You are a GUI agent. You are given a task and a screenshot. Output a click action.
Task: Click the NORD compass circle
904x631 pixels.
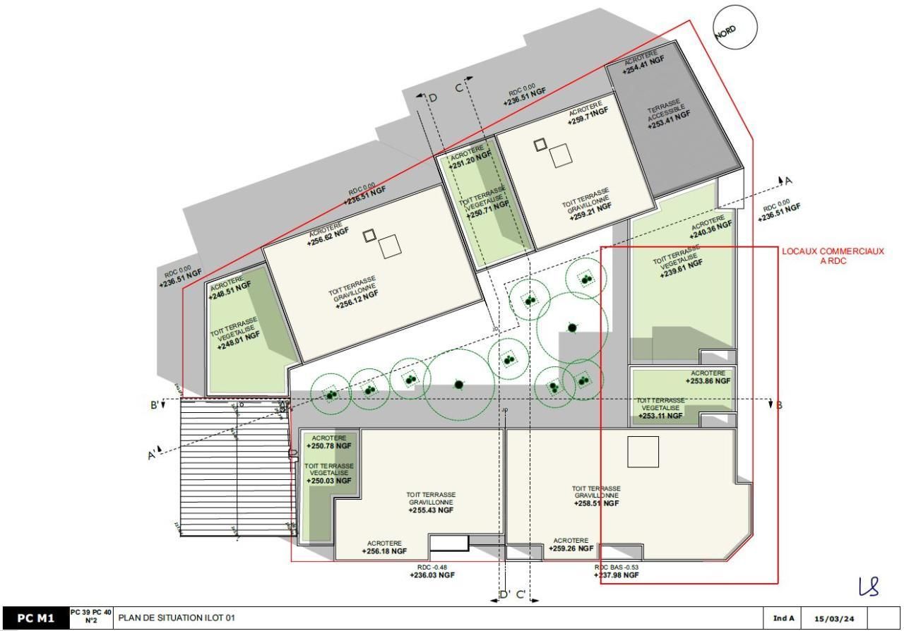click(734, 28)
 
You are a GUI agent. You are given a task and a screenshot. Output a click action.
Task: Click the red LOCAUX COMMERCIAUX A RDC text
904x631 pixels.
click(833, 256)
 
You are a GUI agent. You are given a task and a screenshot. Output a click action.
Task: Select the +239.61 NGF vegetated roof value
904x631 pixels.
click(682, 269)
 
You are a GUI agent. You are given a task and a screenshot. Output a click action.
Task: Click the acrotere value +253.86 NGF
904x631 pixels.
click(708, 380)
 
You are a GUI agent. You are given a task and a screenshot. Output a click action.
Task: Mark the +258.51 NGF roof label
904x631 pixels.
click(596, 503)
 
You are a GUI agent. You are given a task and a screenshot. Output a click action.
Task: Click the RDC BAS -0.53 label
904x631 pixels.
click(616, 567)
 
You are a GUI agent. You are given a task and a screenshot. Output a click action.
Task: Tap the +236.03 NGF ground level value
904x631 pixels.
click(432, 575)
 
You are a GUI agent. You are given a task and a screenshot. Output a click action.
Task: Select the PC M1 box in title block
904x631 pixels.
click(35, 618)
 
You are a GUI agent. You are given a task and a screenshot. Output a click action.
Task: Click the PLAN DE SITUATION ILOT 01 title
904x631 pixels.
click(177, 618)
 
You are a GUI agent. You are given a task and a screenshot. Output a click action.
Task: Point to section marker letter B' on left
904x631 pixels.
click(153, 404)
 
